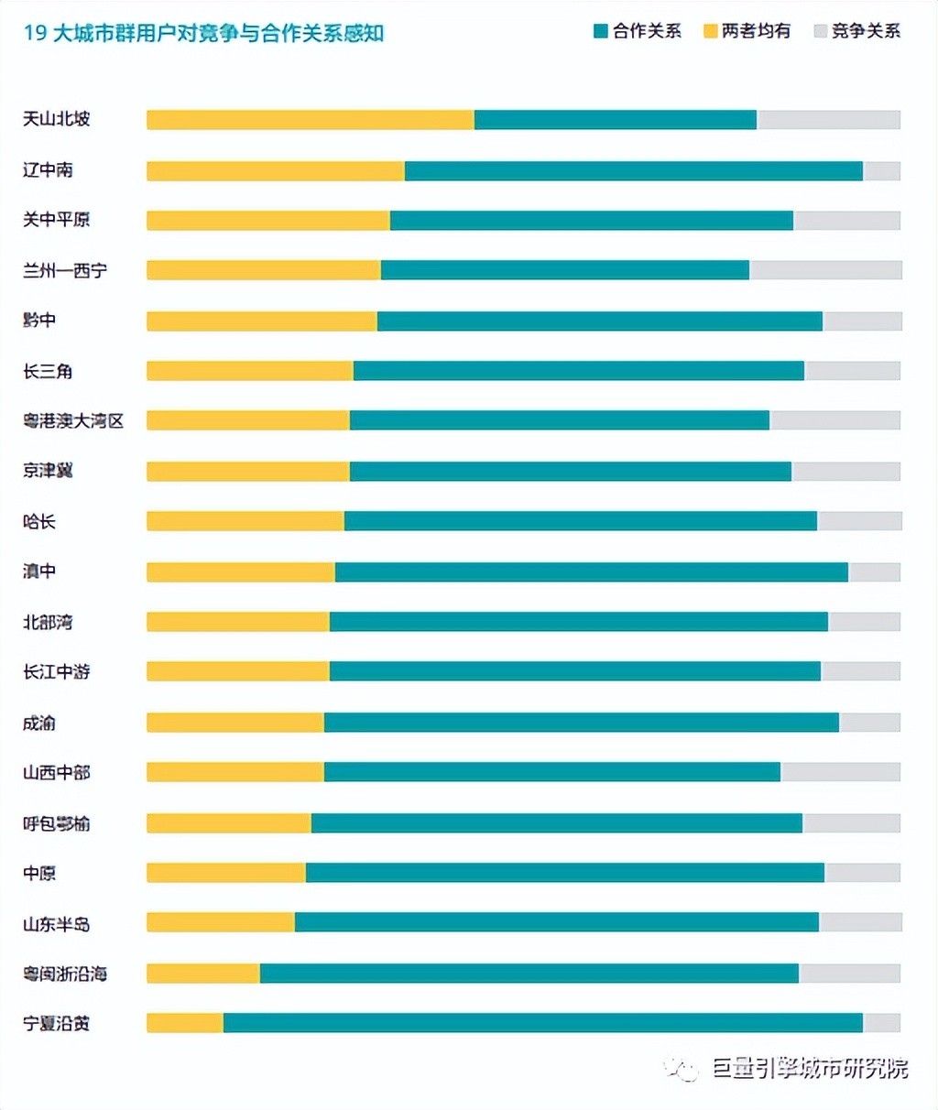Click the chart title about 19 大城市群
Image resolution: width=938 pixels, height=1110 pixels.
click(x=203, y=34)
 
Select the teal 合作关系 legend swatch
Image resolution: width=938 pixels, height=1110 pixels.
click(x=601, y=32)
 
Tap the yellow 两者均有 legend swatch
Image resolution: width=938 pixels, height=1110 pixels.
click(x=710, y=32)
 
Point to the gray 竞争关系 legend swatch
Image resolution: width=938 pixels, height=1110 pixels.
click(x=820, y=32)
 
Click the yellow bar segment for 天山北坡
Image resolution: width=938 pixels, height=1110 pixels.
click(x=311, y=120)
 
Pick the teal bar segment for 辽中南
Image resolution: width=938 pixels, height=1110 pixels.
click(x=634, y=171)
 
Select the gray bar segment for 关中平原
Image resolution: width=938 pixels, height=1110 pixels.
click(x=847, y=221)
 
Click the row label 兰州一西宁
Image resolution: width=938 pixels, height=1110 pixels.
click(x=65, y=271)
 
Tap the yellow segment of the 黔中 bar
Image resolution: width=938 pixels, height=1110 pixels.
click(x=262, y=321)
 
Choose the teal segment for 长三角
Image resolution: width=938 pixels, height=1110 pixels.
click(x=579, y=371)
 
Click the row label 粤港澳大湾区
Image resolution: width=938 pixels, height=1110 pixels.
click(x=73, y=421)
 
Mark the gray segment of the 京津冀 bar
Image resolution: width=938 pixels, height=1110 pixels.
click(x=846, y=472)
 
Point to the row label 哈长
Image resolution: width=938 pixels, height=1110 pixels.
click(x=39, y=522)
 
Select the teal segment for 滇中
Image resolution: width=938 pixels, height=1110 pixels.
click(x=592, y=572)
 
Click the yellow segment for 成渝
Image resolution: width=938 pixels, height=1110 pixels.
click(x=235, y=723)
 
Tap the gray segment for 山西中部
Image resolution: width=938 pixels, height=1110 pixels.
click(x=841, y=772)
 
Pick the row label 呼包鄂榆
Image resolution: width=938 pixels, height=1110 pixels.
click(x=57, y=823)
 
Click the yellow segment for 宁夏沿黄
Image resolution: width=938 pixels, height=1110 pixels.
click(x=185, y=1023)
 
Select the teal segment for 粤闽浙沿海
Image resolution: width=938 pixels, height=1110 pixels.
click(x=529, y=974)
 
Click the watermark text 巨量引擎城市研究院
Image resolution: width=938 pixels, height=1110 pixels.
click(x=811, y=1069)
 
